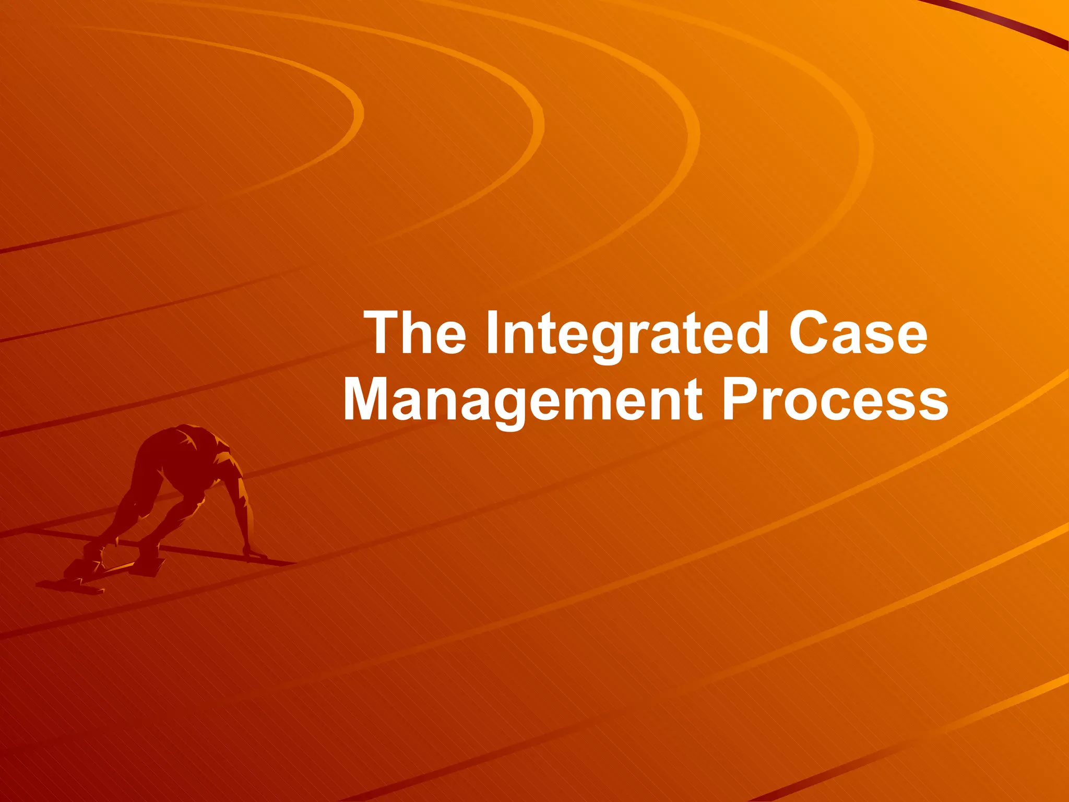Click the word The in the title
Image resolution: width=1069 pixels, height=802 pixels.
click(417, 333)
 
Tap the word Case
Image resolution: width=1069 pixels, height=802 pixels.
click(858, 333)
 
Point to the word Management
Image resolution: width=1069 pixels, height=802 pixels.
click(522, 401)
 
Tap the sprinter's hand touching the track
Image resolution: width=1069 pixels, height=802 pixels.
click(256, 553)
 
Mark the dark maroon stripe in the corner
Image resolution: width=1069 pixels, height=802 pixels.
click(1007, 23)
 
